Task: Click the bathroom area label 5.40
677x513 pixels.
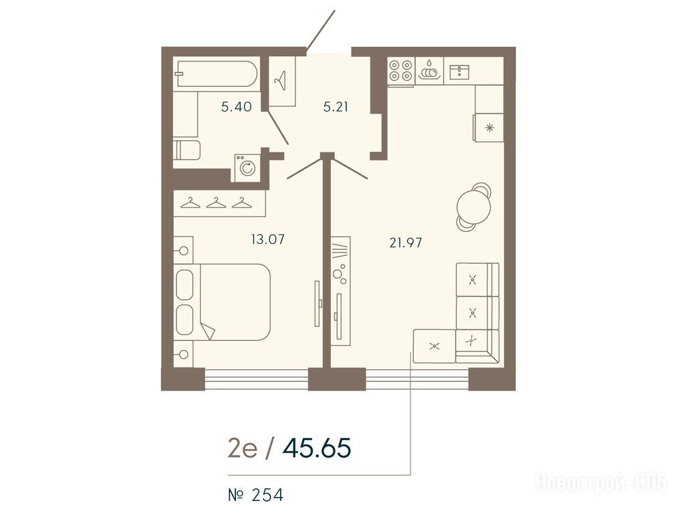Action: tap(236, 107)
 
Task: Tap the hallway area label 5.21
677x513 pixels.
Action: tap(335, 107)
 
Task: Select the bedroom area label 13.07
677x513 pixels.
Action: tap(268, 238)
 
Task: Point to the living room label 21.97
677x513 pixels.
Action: tap(406, 243)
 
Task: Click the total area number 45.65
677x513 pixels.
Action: tap(317, 448)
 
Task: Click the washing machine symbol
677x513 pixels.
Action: tap(247, 168)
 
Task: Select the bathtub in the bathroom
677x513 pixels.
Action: tap(217, 73)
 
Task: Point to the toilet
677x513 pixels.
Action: tap(186, 150)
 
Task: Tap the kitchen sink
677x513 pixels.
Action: tap(459, 71)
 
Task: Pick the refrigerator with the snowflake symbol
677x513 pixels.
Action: tap(489, 128)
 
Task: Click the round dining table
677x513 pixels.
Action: tap(474, 206)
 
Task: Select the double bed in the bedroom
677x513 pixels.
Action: tap(222, 302)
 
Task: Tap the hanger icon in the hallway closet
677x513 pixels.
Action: tap(281, 80)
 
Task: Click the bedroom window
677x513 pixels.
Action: tap(257, 379)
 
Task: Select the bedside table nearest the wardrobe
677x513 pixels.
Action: tap(184, 250)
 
